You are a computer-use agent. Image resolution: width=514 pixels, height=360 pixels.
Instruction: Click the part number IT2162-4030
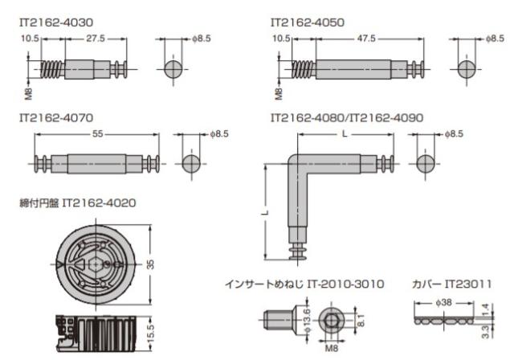[x=56, y=22]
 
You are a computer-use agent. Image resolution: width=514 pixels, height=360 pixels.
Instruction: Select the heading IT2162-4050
[x=308, y=22]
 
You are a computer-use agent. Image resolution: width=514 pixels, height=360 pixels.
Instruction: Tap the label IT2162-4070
[x=56, y=117]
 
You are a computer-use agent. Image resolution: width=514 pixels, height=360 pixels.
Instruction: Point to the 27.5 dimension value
[x=96, y=39]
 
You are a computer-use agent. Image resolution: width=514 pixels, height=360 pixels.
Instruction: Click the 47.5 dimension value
[x=366, y=39]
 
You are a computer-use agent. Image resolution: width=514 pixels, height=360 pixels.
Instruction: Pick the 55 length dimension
[x=97, y=133]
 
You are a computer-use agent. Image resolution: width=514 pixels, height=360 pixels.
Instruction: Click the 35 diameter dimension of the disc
[x=150, y=264]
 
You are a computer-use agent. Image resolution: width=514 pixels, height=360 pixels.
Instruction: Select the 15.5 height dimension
[x=150, y=333]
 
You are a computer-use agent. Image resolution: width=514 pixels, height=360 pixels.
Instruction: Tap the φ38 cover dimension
[x=443, y=303]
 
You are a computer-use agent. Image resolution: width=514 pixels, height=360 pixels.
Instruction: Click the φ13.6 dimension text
[x=307, y=321]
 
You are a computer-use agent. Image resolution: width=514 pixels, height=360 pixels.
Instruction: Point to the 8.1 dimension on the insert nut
[x=361, y=321]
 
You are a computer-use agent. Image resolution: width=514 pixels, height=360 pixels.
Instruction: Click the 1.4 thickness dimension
[x=486, y=309]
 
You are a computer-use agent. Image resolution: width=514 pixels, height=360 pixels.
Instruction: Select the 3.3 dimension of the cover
[x=486, y=332]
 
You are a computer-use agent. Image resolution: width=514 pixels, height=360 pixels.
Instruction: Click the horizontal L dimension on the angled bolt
[x=345, y=133]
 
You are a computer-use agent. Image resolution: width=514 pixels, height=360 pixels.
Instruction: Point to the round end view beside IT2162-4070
[x=191, y=164]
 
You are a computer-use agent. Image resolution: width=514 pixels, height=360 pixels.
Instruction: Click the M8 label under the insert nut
[x=331, y=348]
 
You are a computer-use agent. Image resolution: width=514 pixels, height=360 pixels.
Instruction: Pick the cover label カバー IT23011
[x=451, y=284]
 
